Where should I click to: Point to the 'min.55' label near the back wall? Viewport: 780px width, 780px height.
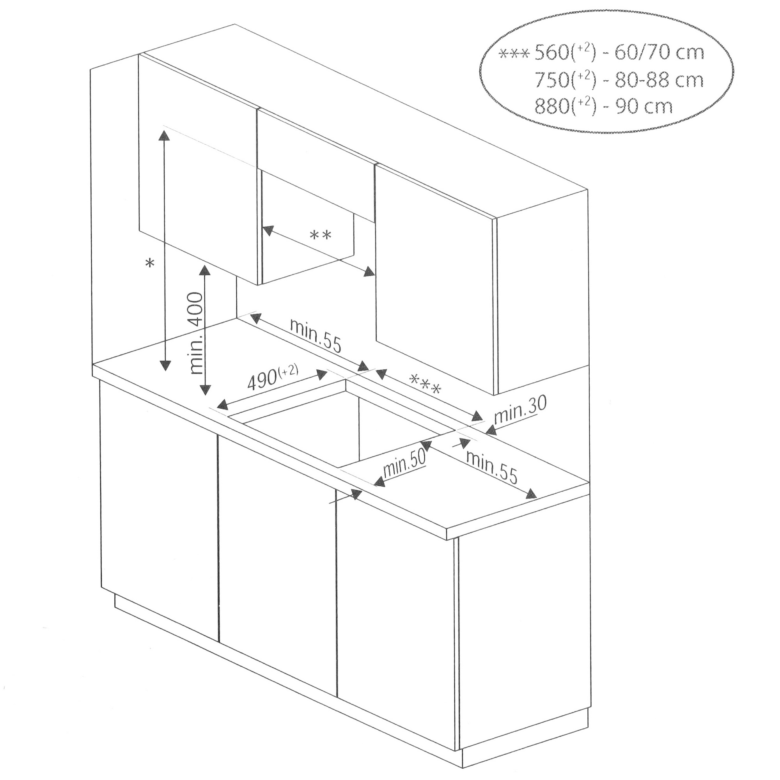pyautogui.click(x=316, y=336)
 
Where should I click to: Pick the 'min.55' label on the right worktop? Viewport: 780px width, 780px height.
pyautogui.click(x=491, y=467)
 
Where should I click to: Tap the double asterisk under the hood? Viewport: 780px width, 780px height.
pyautogui.click(x=320, y=236)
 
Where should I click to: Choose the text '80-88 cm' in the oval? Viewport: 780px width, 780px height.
pyautogui.click(x=659, y=80)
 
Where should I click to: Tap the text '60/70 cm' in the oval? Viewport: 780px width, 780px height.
pyautogui.click(x=659, y=53)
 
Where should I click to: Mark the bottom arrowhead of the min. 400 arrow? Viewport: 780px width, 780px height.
pyautogui.click(x=206, y=390)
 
